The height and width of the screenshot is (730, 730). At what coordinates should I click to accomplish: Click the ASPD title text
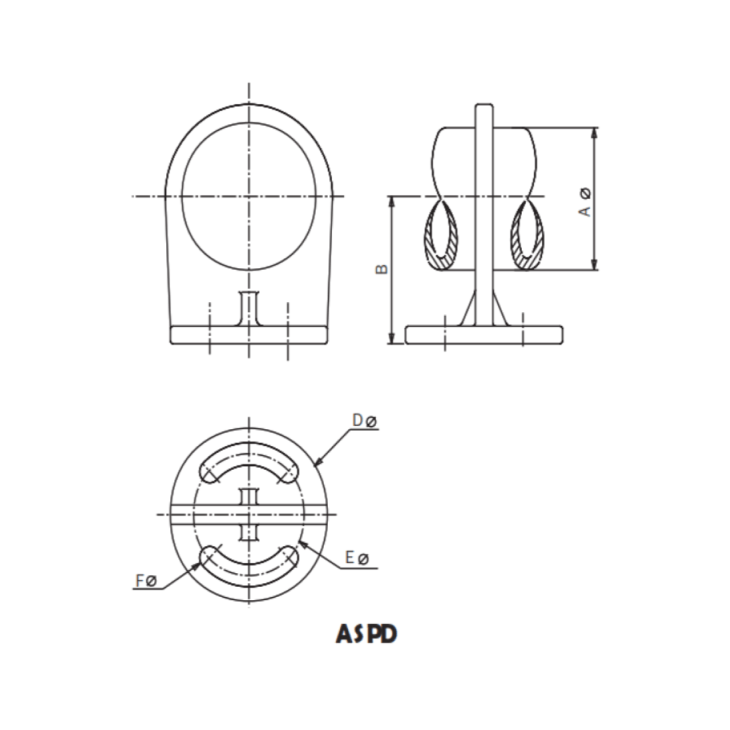coord(366,633)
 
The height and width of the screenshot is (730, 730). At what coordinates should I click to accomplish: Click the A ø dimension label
coord(585,202)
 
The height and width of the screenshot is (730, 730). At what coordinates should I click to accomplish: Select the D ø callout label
coord(364,420)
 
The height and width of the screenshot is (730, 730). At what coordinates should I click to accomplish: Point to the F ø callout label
coord(147,581)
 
